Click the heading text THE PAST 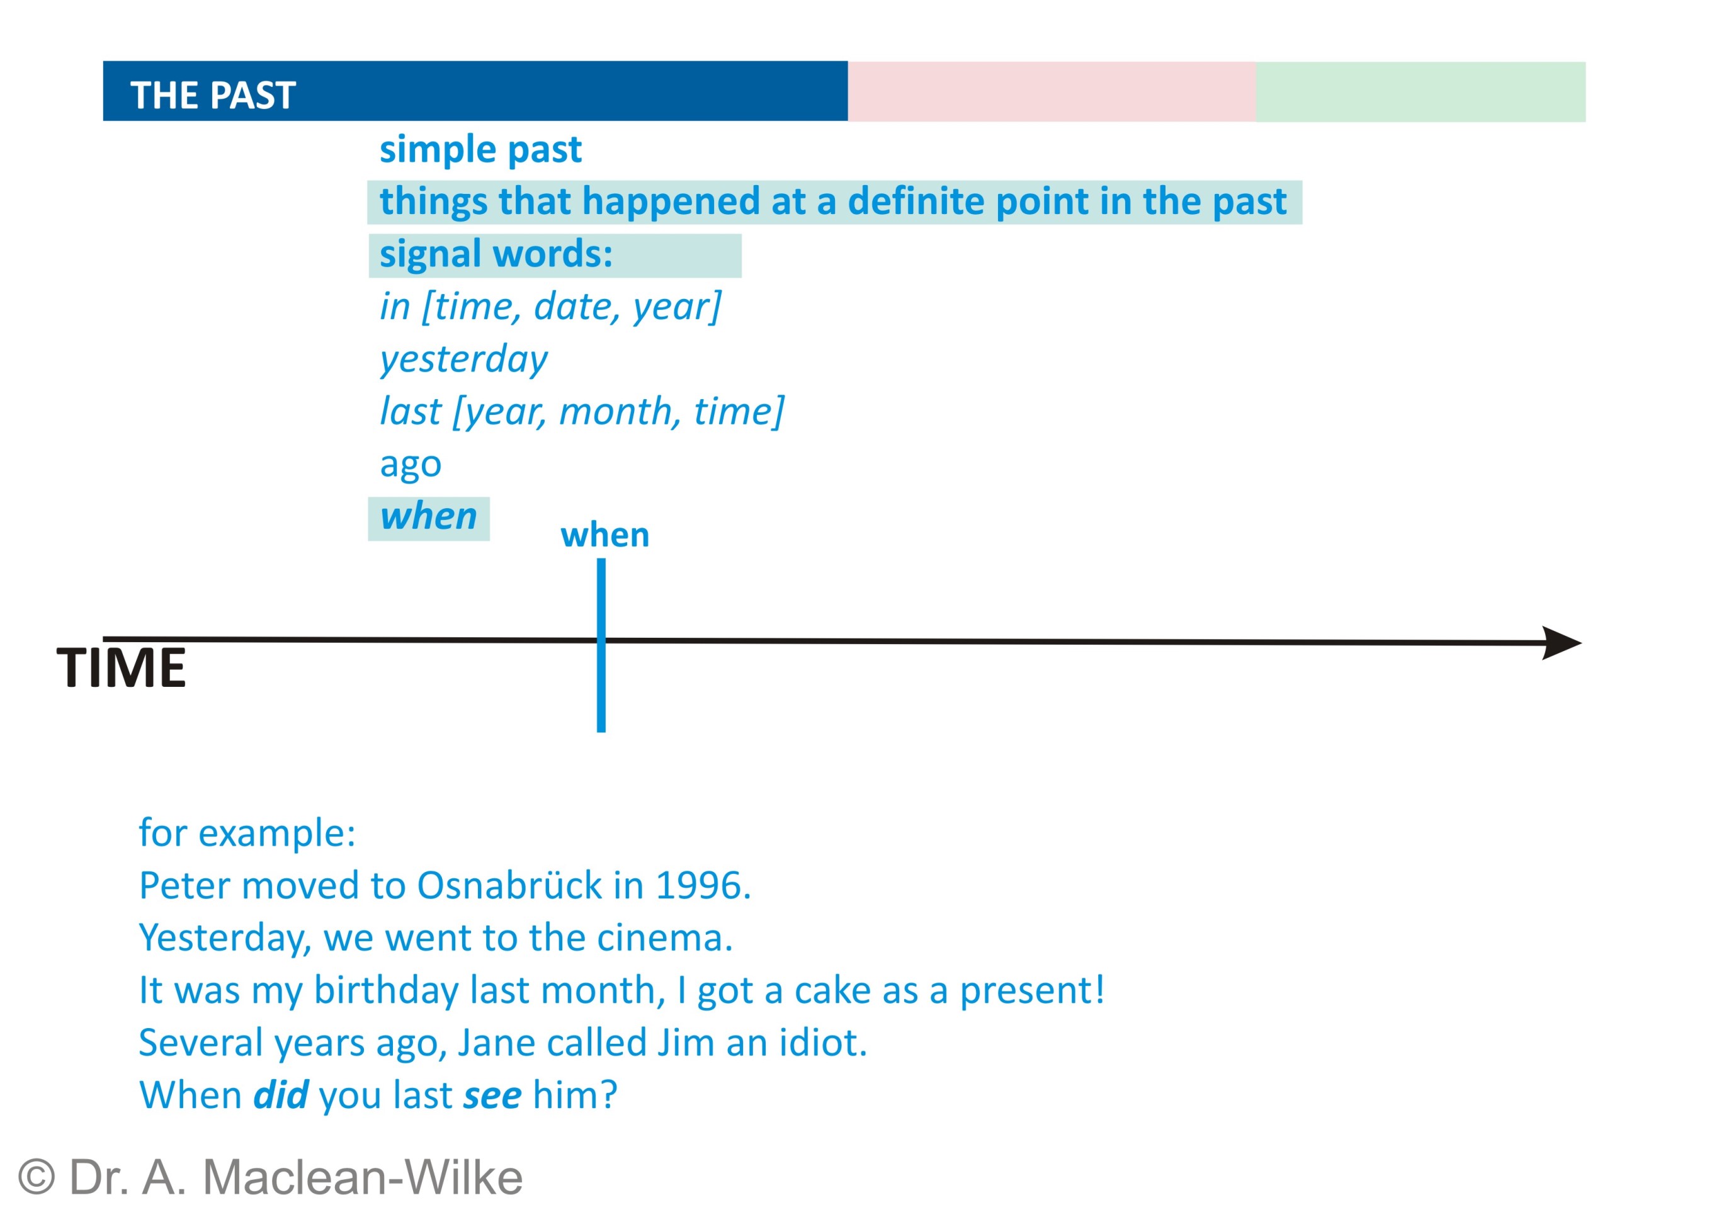tap(213, 96)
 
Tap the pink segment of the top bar tap(1052, 91)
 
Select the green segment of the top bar tap(1420, 92)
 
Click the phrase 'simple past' tap(480, 150)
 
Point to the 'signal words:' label tap(496, 254)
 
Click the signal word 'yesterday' tap(463, 359)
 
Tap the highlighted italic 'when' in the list tap(428, 517)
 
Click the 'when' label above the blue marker tap(605, 535)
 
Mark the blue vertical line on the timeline tap(601, 645)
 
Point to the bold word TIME tap(121, 667)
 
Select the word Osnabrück tap(509, 886)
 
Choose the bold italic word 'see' tap(492, 1096)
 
